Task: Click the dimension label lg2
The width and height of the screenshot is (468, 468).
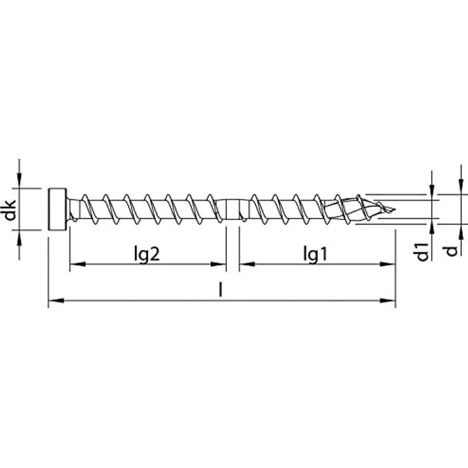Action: [146, 254]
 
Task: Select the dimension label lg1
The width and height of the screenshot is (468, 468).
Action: [315, 254]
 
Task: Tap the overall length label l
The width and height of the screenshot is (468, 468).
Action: [220, 290]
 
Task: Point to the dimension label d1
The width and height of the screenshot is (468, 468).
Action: [421, 251]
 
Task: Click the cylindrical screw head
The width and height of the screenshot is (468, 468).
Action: [58, 209]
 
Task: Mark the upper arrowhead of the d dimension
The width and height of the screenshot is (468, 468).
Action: [460, 189]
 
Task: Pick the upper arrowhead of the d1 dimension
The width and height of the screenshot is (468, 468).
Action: [432, 193]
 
